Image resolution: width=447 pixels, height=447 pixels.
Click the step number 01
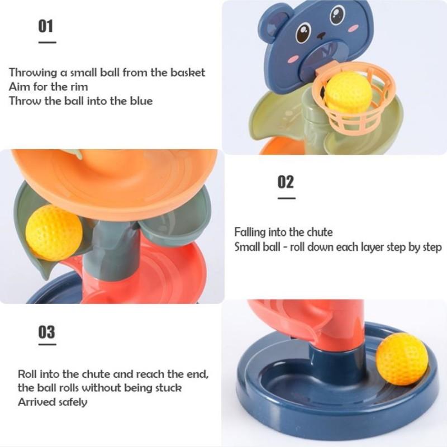(x=46, y=26)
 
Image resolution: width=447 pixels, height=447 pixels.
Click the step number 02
(x=286, y=182)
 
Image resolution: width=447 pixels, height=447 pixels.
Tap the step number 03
(x=46, y=332)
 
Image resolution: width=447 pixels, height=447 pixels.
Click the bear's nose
(x=321, y=36)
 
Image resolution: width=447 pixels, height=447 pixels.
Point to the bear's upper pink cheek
(x=354, y=28)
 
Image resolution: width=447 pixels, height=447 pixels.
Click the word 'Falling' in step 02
(x=250, y=232)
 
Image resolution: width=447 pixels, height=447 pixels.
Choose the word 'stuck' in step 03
(x=169, y=388)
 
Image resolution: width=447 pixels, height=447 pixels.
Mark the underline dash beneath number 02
(x=287, y=198)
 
